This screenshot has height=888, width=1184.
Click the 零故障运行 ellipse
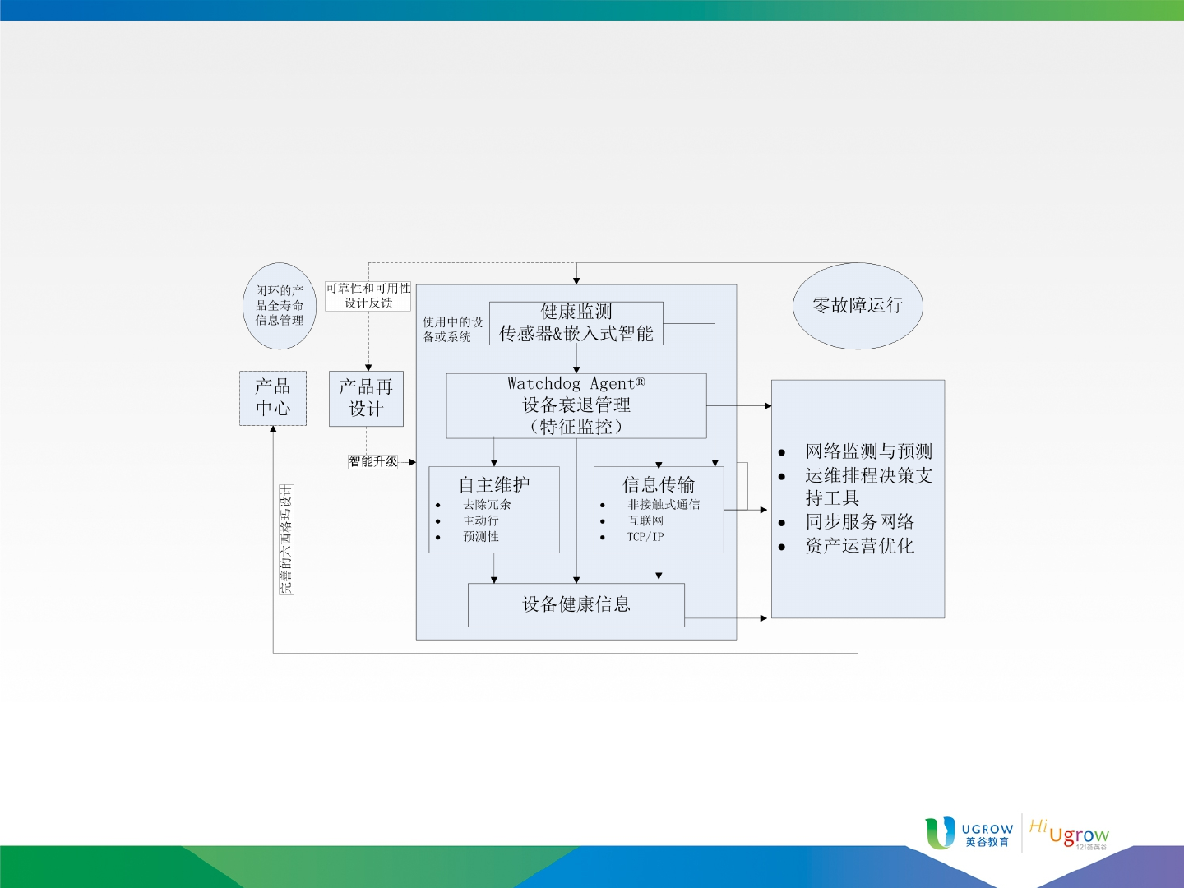(x=858, y=306)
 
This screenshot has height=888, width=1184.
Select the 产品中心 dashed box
(x=273, y=398)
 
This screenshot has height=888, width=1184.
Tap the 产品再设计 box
(x=366, y=399)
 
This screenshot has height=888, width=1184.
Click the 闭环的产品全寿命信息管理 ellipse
(x=280, y=306)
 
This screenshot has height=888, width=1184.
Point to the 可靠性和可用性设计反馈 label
(x=368, y=295)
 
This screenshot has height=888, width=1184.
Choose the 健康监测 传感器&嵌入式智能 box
(x=576, y=323)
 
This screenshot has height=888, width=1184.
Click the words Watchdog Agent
(x=576, y=383)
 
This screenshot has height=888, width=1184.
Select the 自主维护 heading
(x=494, y=484)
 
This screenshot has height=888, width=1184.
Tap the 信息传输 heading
(x=659, y=484)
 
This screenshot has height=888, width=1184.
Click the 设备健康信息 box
(x=576, y=604)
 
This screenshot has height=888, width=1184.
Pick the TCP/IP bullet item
(x=645, y=536)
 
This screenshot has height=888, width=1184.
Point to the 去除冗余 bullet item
(x=487, y=504)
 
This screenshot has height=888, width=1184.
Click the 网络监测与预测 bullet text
(x=868, y=451)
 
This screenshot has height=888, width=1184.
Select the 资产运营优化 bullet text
(x=860, y=546)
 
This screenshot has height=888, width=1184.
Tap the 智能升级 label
(x=373, y=461)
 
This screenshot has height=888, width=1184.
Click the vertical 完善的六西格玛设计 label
(x=286, y=539)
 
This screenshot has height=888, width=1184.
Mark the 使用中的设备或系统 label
(x=452, y=329)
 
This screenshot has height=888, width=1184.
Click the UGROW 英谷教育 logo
(x=969, y=834)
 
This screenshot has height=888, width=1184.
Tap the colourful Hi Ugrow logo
(x=1069, y=834)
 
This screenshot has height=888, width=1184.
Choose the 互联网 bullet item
(x=645, y=520)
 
